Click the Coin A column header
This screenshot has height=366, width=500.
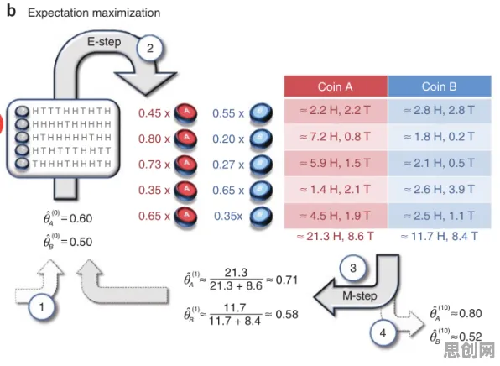[336, 86]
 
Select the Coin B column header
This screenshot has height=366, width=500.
[440, 86]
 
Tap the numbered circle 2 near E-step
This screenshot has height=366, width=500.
[149, 48]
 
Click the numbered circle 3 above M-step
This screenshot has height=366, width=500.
[352, 268]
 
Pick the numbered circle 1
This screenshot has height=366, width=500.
[41, 307]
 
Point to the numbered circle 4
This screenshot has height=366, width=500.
[383, 333]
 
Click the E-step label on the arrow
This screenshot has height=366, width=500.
[104, 42]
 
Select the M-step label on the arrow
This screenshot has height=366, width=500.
[360, 295]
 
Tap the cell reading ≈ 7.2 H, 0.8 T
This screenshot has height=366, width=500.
[336, 137]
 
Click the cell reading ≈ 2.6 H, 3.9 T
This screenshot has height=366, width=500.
[440, 190]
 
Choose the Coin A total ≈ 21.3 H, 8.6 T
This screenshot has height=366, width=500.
[335, 237]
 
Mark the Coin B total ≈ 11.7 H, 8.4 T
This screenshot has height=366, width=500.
[440, 237]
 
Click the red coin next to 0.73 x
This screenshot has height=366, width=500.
[185, 165]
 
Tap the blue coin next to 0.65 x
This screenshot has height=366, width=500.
[261, 191]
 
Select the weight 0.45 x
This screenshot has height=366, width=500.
[154, 113]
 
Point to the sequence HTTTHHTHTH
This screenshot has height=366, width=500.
[72, 111]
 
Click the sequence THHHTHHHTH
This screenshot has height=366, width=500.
[72, 164]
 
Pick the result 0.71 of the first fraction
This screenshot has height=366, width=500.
[286, 280]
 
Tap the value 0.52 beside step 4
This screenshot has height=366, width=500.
[471, 337]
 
